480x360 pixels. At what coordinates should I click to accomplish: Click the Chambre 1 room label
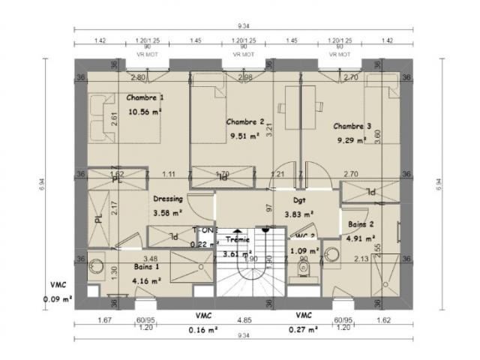click(x=145, y=98)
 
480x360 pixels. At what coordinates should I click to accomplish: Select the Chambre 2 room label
click(x=245, y=121)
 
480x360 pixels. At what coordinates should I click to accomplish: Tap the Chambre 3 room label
click(x=352, y=126)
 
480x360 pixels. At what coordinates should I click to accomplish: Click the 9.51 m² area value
click(x=245, y=136)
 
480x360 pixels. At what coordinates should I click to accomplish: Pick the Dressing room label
click(x=168, y=199)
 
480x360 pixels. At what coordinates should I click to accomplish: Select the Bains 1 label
click(x=148, y=267)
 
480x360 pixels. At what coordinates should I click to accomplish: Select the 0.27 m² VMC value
click(x=304, y=328)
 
